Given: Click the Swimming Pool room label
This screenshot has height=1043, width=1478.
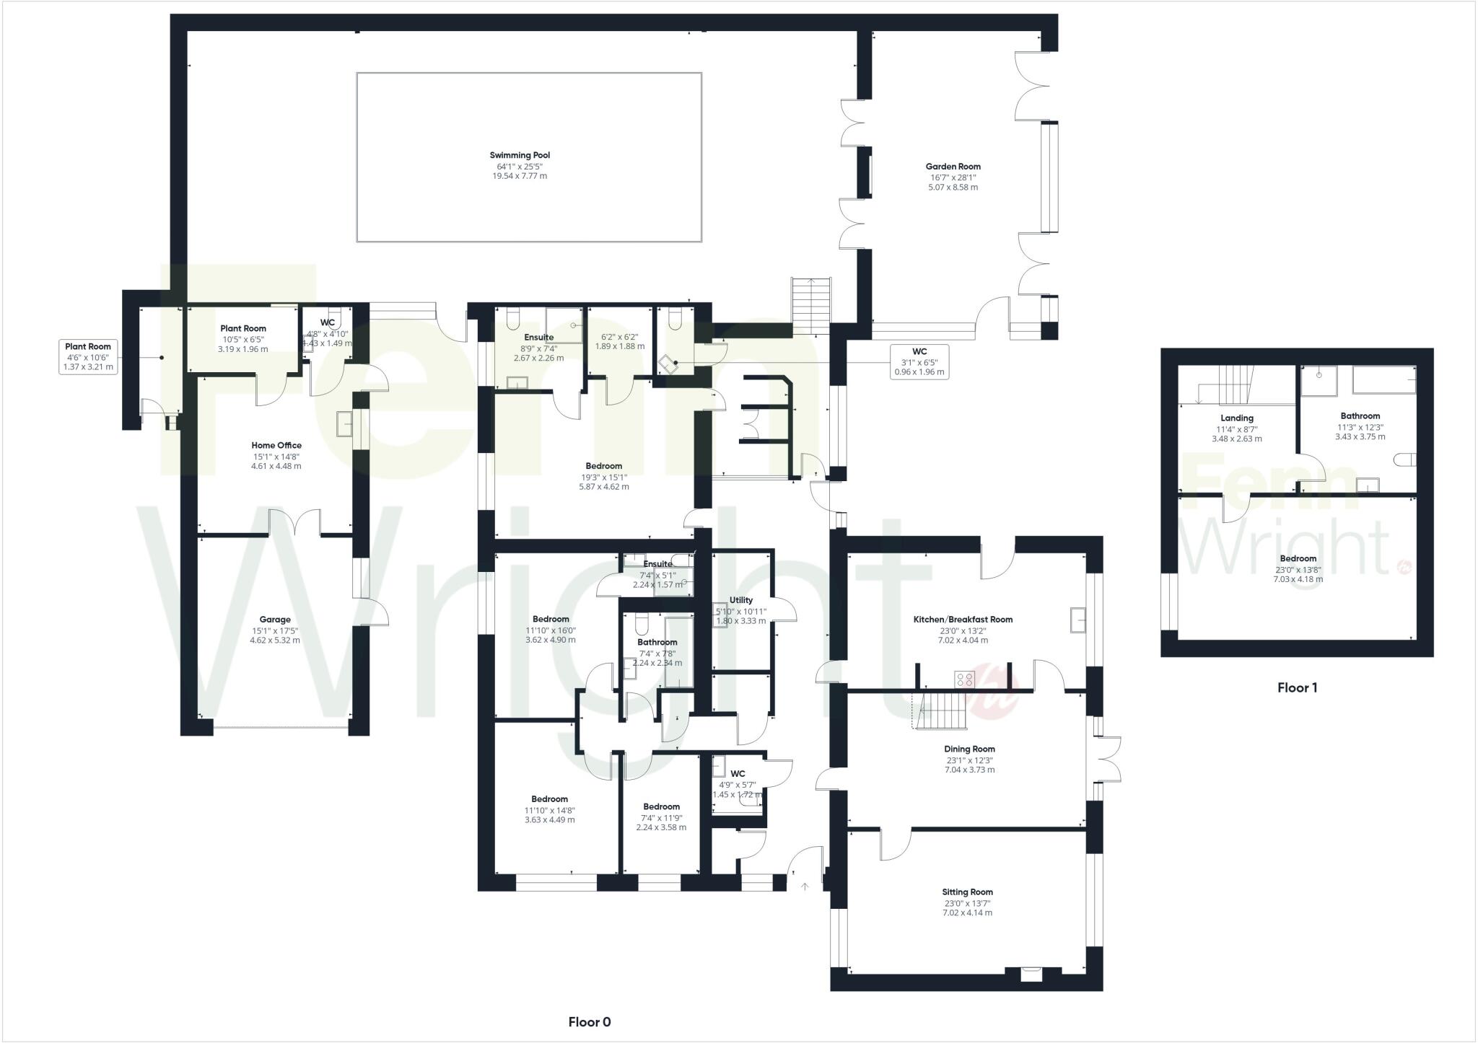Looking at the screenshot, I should (520, 155).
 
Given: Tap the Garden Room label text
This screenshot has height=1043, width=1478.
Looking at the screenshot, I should (953, 167).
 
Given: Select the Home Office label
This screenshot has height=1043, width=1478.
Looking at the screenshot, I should (276, 446).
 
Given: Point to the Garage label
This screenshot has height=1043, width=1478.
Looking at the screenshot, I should (275, 620).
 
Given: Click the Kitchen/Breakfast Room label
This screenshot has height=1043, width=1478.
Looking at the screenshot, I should (963, 620).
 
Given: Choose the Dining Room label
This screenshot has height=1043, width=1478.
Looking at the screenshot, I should (969, 749).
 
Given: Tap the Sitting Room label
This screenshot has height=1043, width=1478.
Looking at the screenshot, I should (967, 892).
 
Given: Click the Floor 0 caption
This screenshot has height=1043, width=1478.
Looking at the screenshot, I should (589, 1022).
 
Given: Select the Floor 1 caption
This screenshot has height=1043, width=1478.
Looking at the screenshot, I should (1297, 688).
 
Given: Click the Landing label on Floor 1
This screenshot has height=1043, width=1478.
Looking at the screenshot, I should (1237, 418).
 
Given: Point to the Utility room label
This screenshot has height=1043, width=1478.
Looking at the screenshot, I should (741, 600).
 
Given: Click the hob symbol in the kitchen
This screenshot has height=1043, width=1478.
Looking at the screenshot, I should (965, 679).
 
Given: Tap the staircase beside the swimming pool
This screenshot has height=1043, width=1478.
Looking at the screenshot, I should (812, 306).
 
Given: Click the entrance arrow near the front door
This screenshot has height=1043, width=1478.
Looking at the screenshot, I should (805, 886).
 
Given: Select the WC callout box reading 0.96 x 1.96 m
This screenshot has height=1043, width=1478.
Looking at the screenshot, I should (919, 362).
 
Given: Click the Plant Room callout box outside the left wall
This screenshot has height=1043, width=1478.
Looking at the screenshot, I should (89, 357).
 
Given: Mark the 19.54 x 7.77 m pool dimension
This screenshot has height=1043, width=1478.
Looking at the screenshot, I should (520, 176).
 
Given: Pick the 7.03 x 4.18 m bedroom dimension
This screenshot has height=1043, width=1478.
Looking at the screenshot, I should (1298, 579).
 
